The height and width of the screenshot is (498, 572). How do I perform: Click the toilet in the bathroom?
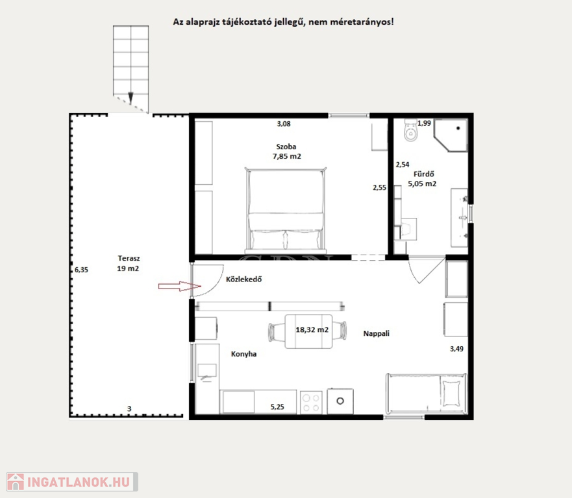click(x=411, y=130)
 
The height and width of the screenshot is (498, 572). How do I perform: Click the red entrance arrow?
click(x=179, y=287)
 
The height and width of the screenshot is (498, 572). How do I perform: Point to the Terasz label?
click(x=129, y=258)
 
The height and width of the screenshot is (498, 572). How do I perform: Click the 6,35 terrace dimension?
click(x=81, y=270)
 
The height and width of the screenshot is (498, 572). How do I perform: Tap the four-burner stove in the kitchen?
click(x=311, y=403)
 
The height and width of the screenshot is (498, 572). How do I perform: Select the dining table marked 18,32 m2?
click(x=308, y=331)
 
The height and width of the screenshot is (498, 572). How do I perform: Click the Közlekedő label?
click(x=243, y=279)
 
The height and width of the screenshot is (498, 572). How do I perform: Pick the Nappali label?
click(x=376, y=333)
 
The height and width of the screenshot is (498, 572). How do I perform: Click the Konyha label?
click(x=243, y=354)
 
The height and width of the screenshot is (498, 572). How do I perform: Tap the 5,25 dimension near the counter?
click(x=277, y=407)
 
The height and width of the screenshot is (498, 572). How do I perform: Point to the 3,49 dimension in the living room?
click(x=456, y=349)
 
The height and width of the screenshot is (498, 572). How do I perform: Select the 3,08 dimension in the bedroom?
click(x=284, y=124)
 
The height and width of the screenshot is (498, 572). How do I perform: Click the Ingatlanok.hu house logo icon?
click(x=16, y=482)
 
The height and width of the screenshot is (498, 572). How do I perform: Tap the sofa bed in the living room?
click(x=426, y=394)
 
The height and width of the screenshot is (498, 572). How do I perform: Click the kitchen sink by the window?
click(x=207, y=372)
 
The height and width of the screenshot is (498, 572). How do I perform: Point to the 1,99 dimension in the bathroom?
click(x=424, y=123)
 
